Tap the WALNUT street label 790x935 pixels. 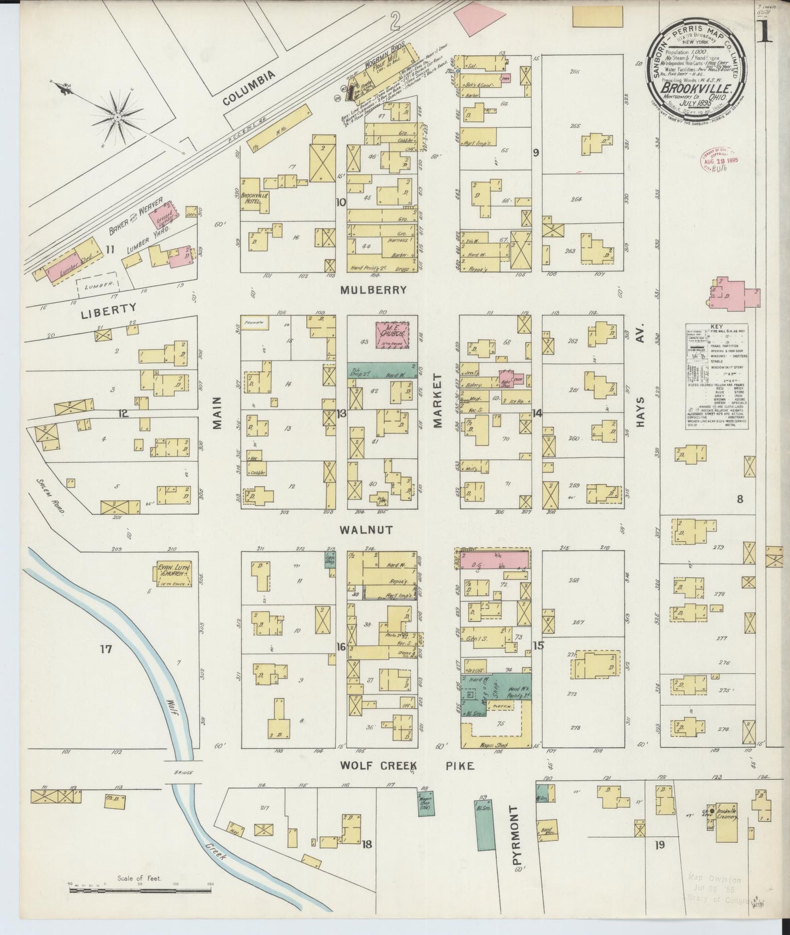click(366, 529)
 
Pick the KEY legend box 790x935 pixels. click(716, 378)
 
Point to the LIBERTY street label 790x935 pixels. click(108, 308)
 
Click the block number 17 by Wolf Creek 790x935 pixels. click(105, 649)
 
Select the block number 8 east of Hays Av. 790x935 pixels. click(739, 498)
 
